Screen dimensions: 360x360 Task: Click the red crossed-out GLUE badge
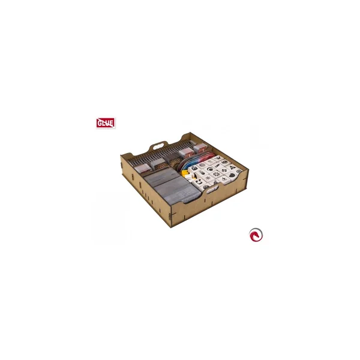coord(106,123)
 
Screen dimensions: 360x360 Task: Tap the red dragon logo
coord(256,235)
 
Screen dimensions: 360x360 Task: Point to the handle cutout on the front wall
coord(212,190)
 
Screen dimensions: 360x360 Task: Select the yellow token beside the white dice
coord(184,173)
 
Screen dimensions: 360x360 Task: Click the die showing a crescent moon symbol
coord(210,169)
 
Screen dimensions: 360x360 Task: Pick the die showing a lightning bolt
coord(223,179)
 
